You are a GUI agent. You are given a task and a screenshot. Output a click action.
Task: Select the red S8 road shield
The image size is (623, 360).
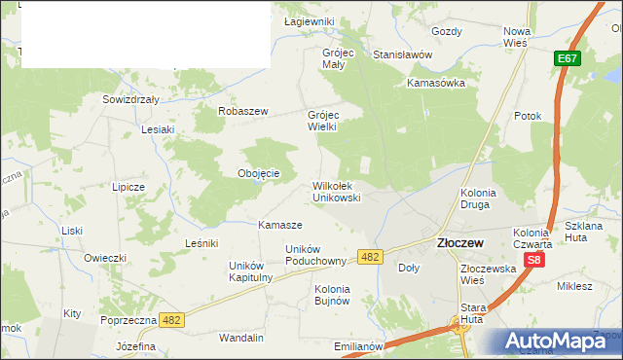coord(532,261)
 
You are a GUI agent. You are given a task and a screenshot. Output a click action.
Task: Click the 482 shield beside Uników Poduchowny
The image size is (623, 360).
coord(369,256)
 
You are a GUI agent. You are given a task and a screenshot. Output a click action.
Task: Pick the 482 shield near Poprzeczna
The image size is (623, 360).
coord(171,319)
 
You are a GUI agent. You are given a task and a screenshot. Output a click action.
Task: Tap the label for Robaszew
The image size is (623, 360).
coord(243,112)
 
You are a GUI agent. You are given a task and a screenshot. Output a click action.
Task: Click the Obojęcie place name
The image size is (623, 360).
coord(259,174)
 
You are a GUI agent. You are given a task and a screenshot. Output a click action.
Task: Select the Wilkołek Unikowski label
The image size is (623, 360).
coord(337,191)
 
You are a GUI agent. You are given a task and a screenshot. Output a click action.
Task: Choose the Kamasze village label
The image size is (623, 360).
coord(279,225)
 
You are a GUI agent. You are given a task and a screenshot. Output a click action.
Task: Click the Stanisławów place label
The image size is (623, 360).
coord(402,54)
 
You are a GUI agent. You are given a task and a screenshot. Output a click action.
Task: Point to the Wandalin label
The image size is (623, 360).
coord(241,338)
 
